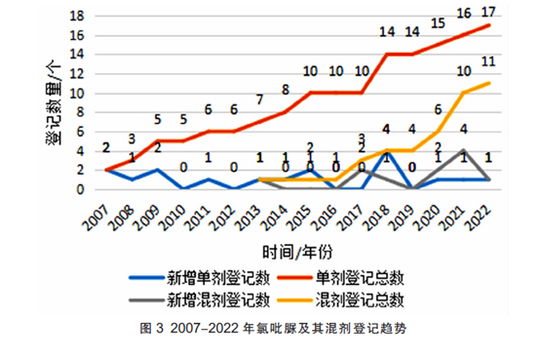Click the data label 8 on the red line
286,91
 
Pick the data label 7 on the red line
259,100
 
